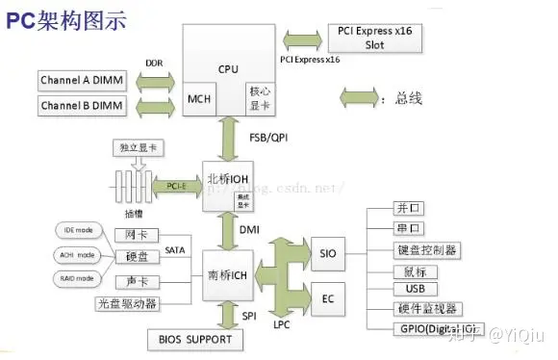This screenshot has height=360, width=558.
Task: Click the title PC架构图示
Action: click(x=68, y=19)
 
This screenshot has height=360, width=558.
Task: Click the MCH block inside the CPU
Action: click(x=200, y=99)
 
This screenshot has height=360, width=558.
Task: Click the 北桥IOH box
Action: click(x=226, y=180)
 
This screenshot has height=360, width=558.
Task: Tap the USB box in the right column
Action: click(x=416, y=289)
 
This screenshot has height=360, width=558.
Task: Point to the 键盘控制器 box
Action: click(x=426, y=249)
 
